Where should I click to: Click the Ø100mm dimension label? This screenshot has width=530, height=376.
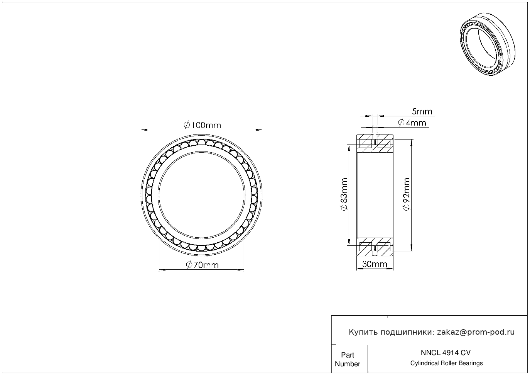(x=202, y=125)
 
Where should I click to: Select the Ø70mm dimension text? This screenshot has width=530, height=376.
(x=202, y=265)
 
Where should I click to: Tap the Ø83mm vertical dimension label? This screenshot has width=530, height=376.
(x=344, y=194)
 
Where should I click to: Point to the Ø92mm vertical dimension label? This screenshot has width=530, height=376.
(x=406, y=194)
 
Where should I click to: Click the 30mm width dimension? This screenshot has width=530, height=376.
(x=375, y=264)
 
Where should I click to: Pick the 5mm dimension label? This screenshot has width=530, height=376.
(x=422, y=111)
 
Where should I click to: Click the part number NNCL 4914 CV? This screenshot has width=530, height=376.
(x=446, y=352)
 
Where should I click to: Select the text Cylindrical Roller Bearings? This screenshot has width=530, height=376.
(x=446, y=363)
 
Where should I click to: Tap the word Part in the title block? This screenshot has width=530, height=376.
(x=347, y=355)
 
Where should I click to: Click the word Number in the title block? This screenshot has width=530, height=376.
(x=347, y=364)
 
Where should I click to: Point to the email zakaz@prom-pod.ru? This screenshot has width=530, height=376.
(x=476, y=332)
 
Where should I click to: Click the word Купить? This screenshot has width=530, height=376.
(x=363, y=332)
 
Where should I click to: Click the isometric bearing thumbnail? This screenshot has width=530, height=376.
(x=488, y=44)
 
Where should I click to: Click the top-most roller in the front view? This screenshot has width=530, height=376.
(x=202, y=143)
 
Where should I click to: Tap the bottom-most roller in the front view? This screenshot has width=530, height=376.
(x=202, y=248)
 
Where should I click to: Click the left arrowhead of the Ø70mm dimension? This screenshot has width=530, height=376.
(x=162, y=269)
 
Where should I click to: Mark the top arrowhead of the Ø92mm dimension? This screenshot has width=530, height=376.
(x=412, y=142)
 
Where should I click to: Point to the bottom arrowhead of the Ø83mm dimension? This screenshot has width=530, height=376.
(x=349, y=242)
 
